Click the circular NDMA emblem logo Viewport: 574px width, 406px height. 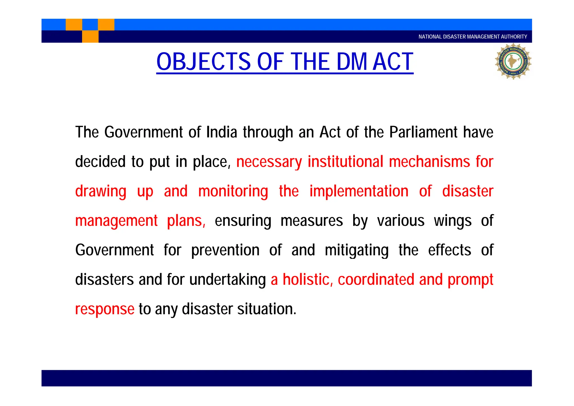pyautogui.click(x=513, y=61)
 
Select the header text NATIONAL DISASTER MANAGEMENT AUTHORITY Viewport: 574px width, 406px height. pyautogui.click(x=473, y=37)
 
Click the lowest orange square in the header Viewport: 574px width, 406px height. pyautogui.click(x=90, y=36)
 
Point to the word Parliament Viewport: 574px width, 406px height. pyautogui.click(x=423, y=132)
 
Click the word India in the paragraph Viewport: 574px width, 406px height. pyautogui.click(x=222, y=132)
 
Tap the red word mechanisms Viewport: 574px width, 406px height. pyautogui.click(x=429, y=162)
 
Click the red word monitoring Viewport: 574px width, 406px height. pyautogui.click(x=233, y=192)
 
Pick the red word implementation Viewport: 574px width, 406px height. pyautogui.click(x=359, y=191)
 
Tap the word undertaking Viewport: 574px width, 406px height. pyautogui.click(x=227, y=280)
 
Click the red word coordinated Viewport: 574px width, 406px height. pyautogui.click(x=376, y=280)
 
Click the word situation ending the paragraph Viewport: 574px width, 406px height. pyautogui.click(x=267, y=309)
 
